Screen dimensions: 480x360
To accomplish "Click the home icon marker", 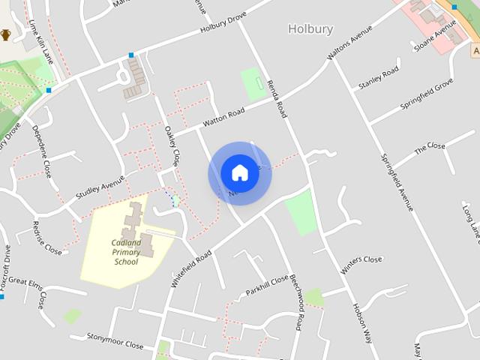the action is click(x=239, y=173).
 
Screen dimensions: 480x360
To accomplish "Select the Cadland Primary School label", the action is click(x=126, y=252).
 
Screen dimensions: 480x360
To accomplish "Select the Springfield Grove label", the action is click(x=426, y=93).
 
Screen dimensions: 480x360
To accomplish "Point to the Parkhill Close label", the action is click(x=268, y=285).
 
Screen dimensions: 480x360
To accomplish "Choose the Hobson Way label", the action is click(x=363, y=322).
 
